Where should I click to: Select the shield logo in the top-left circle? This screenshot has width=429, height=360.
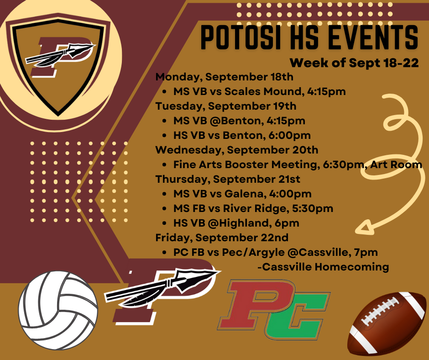point(58,59)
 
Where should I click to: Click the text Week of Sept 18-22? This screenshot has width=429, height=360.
point(354,63)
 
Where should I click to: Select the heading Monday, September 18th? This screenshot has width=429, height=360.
point(225,77)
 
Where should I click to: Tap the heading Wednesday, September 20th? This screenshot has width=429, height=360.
point(237,150)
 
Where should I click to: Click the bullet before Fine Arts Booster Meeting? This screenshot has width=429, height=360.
point(164,164)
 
